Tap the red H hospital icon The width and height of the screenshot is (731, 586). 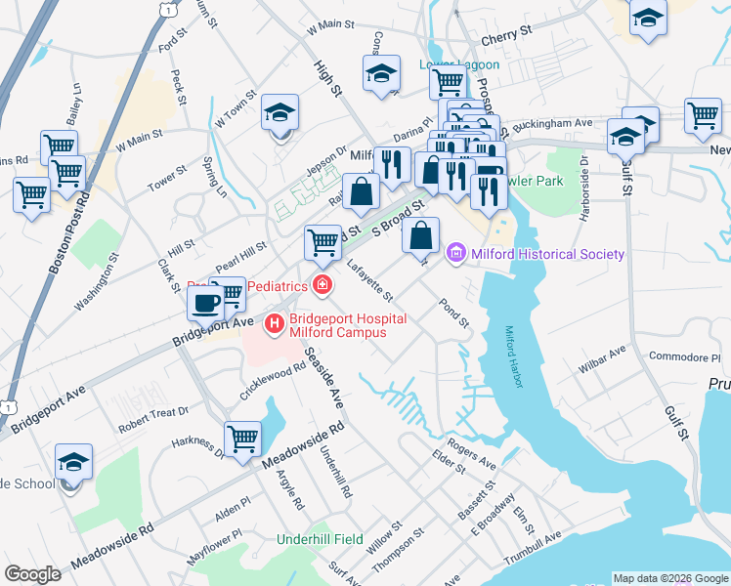276,320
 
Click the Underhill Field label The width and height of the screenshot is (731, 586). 320,539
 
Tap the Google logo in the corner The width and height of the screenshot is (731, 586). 32,574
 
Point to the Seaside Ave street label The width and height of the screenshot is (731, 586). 322,377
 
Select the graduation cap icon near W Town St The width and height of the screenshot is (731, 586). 280,114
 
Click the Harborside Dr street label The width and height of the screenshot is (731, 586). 582,188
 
